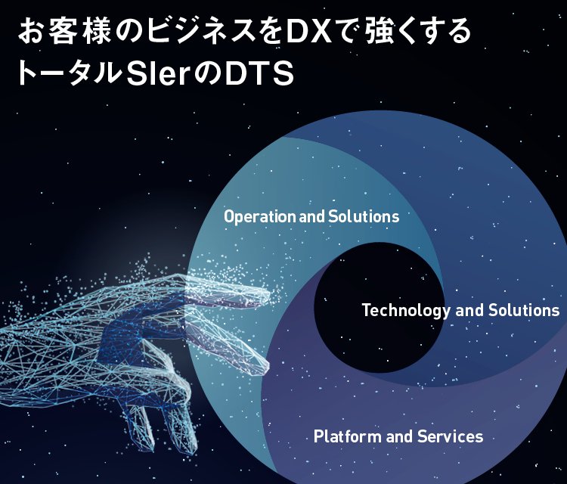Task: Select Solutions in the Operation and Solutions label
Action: pos(364,217)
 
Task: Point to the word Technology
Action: pos(402,310)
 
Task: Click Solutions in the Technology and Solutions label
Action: pos(522,310)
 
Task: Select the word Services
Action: pos(453,436)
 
